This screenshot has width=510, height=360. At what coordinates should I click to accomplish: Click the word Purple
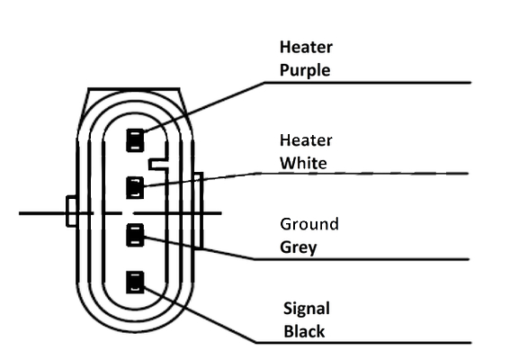point(305,70)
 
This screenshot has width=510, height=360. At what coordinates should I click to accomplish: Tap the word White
point(303,163)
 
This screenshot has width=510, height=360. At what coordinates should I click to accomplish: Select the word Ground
point(309,224)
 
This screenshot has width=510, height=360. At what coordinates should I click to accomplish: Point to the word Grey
point(299,247)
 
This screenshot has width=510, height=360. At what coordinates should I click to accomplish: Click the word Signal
point(307,308)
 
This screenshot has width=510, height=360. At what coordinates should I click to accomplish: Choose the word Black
point(304,331)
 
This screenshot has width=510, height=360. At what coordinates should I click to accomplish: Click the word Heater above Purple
point(306,47)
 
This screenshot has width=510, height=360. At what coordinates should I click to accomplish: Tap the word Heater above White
point(306,140)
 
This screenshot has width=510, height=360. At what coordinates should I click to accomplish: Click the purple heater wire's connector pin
point(135,140)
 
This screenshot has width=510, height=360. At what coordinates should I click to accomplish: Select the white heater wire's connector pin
point(135,187)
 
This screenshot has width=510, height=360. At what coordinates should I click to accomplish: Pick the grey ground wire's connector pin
point(135,235)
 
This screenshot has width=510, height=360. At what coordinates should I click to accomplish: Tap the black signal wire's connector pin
point(135,283)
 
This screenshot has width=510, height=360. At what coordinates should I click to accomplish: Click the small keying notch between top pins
point(158,165)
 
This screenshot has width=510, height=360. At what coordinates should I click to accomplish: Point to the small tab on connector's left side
point(71,211)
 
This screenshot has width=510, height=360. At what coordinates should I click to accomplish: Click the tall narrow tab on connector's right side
point(199,211)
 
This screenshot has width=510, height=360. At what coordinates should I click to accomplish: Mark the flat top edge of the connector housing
point(134,88)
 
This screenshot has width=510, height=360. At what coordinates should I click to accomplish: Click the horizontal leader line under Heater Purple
point(368,83)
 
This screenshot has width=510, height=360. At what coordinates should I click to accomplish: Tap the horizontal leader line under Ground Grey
point(362,259)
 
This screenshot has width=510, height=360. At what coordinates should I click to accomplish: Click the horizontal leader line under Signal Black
point(363,342)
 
